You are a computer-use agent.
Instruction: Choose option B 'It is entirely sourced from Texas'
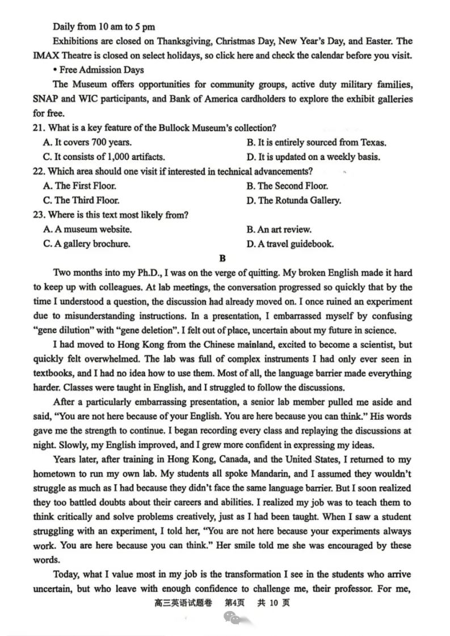coord(317,143)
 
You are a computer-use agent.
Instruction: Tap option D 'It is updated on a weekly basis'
coord(313,157)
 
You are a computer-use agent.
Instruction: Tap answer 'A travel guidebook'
coord(290,245)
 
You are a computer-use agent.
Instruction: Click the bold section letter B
coord(222,259)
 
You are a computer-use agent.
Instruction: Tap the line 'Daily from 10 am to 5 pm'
coord(104,26)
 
